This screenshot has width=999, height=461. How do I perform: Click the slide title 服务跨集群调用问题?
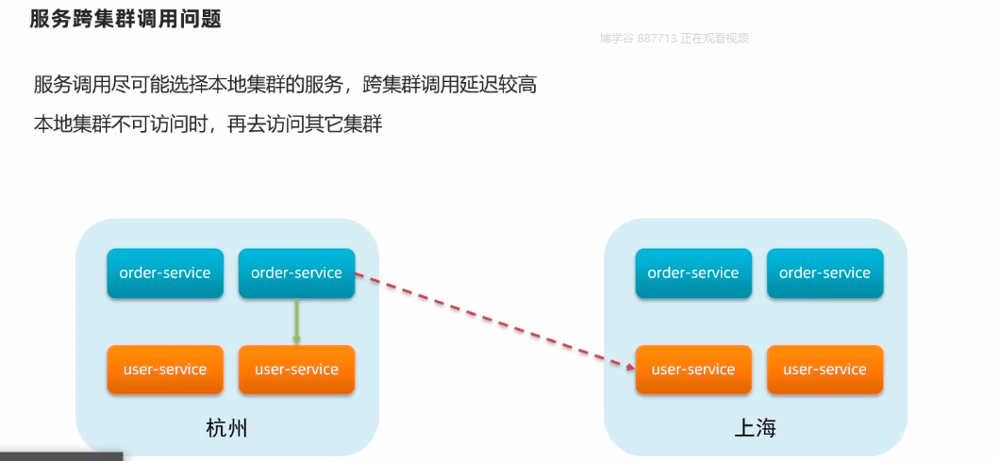coord(125,19)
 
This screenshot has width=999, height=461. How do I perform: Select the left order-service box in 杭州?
coord(165,273)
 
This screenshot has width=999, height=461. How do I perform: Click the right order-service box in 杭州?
coord(296,273)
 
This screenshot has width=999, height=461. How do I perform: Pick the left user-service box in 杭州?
coord(165,370)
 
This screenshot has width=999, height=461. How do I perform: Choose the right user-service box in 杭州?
coord(296,370)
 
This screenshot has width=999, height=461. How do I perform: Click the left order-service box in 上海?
coord(693,273)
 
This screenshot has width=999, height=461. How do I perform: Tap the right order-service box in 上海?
coord(824,273)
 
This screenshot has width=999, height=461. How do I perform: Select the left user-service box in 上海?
coord(693,370)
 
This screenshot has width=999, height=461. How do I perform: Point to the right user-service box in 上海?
coord(824,370)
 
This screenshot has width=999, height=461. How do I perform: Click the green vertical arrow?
coord(296,321)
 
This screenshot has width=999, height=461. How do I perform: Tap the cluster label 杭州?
coord(226,429)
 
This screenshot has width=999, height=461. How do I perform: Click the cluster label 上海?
coord(755,429)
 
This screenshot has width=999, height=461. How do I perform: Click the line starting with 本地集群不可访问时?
coord(208,123)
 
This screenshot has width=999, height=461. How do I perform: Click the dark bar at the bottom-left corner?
coord(61,456)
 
